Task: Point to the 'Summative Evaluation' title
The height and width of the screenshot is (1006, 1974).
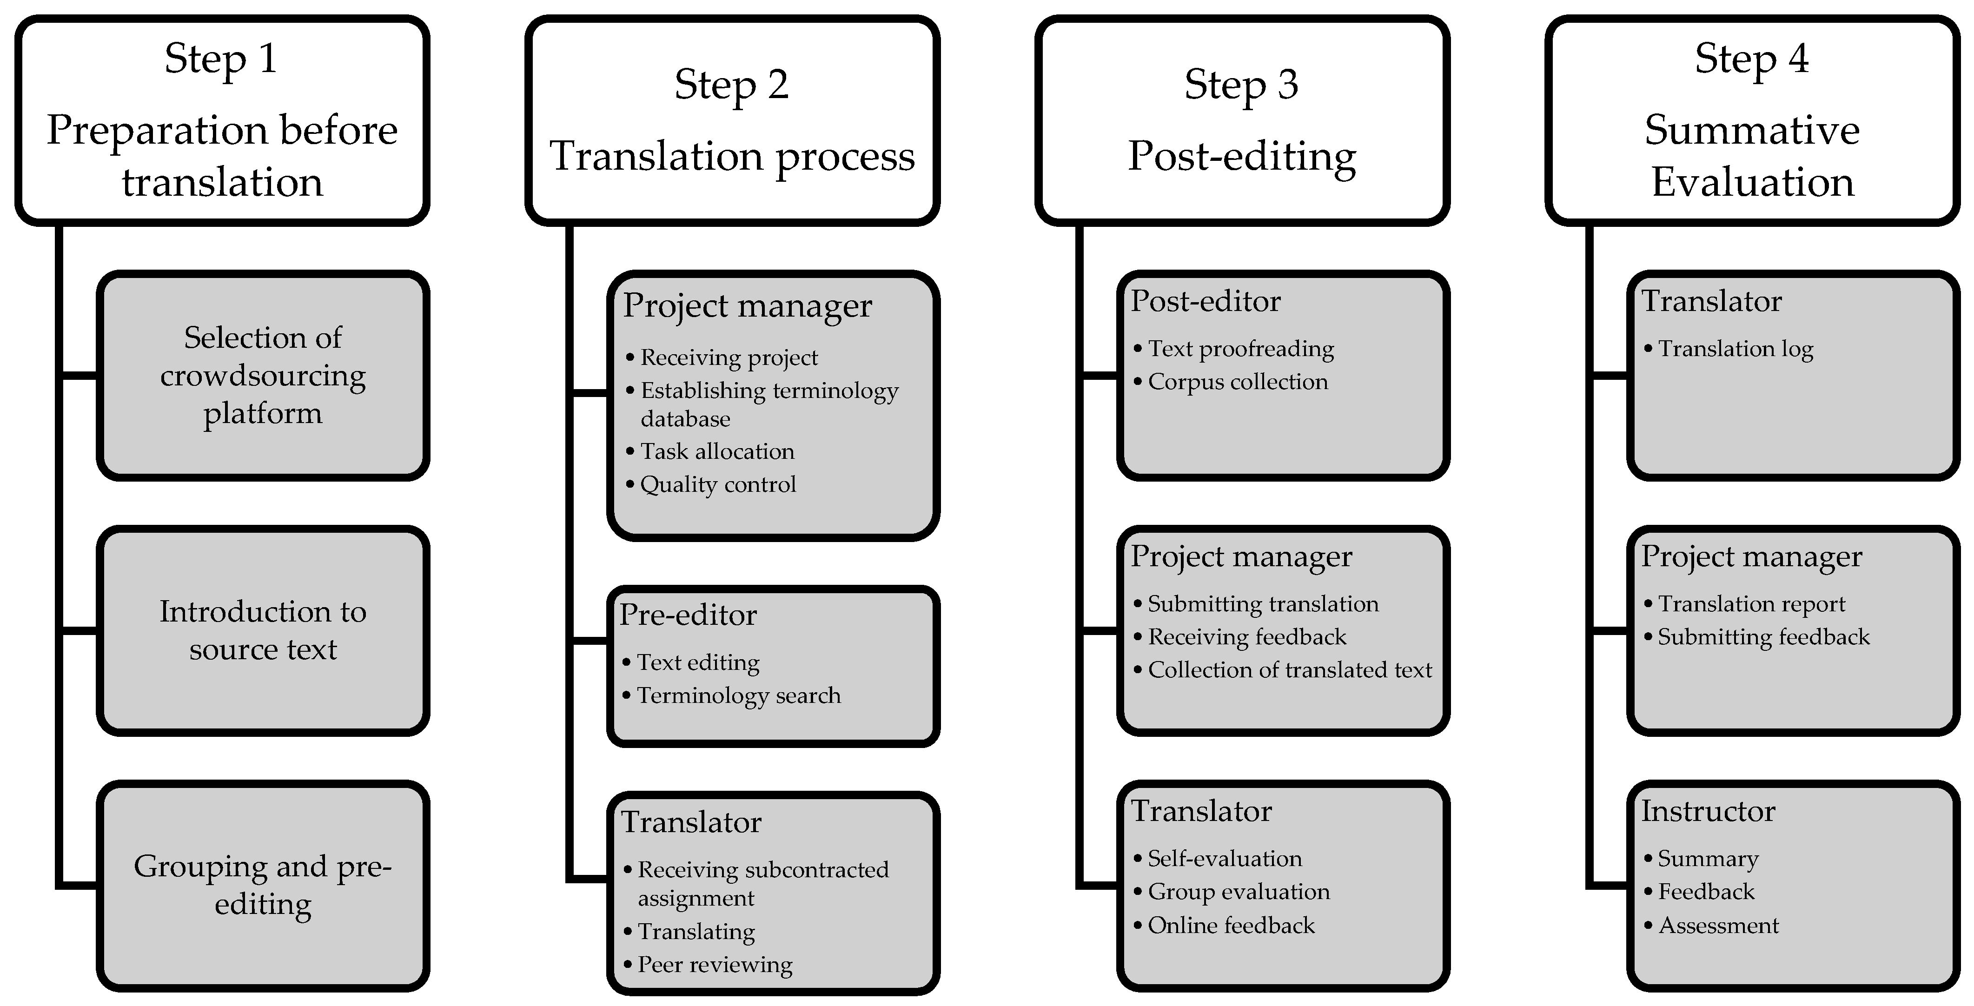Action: (x=1752, y=156)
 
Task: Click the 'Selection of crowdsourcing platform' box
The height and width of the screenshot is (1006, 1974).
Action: (x=263, y=376)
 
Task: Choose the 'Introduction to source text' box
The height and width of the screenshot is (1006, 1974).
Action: (x=263, y=630)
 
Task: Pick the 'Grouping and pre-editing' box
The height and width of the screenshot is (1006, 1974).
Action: (x=263, y=885)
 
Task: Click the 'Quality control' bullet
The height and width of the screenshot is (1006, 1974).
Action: (x=718, y=484)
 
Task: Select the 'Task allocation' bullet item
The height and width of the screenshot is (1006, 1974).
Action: (x=717, y=451)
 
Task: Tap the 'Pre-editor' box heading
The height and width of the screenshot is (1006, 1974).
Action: (x=688, y=615)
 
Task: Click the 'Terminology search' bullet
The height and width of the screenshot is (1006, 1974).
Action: (x=739, y=696)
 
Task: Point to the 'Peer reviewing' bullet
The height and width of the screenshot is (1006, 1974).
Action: (x=715, y=965)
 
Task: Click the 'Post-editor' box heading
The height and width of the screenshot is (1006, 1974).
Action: (x=1206, y=301)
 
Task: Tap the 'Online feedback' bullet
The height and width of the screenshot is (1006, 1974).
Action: (x=1231, y=926)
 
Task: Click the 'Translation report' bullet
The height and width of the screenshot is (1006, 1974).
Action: (x=1751, y=604)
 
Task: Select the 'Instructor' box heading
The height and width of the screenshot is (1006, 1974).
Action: (x=1708, y=811)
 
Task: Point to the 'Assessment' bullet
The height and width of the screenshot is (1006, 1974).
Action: (x=1718, y=926)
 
